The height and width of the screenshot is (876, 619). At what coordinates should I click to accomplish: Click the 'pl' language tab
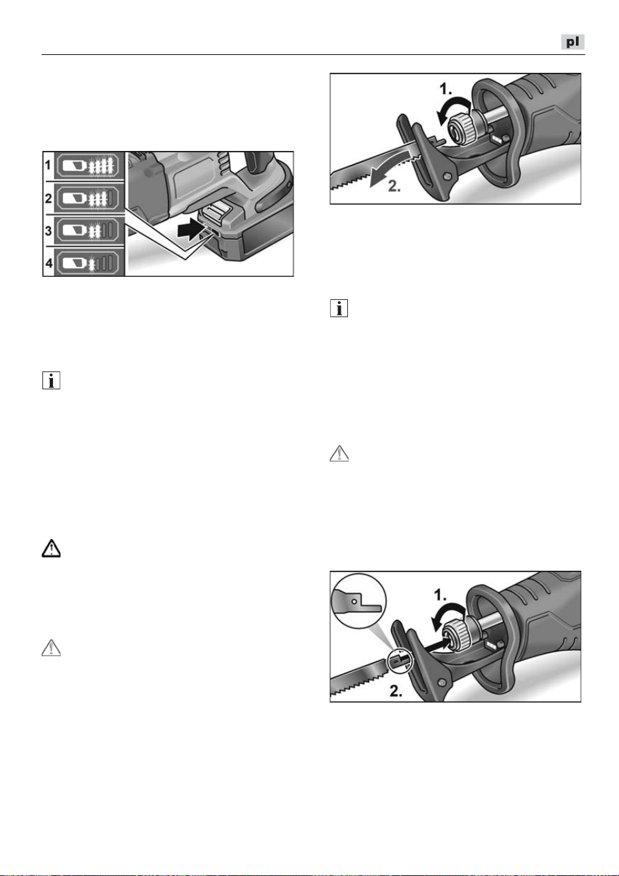(573, 42)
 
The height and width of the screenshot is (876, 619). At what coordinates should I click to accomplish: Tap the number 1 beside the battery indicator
(48, 166)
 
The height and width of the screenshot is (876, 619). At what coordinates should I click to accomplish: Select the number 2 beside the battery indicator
(48, 198)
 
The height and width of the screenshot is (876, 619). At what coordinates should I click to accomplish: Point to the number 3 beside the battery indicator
(48, 230)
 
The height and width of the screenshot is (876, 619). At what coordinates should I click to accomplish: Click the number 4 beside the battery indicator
(48, 263)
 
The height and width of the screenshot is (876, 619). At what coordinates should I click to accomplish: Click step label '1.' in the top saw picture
(445, 89)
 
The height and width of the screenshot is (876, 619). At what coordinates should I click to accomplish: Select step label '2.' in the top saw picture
(394, 187)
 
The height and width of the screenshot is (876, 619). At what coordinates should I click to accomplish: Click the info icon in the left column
(51, 380)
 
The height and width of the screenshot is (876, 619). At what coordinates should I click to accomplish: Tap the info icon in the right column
(339, 308)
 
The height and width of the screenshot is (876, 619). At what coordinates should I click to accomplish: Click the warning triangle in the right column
(339, 454)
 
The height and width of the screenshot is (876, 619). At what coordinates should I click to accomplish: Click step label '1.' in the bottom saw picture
(441, 596)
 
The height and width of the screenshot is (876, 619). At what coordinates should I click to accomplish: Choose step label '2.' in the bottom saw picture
(396, 692)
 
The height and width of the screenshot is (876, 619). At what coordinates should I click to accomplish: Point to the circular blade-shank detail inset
(359, 601)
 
